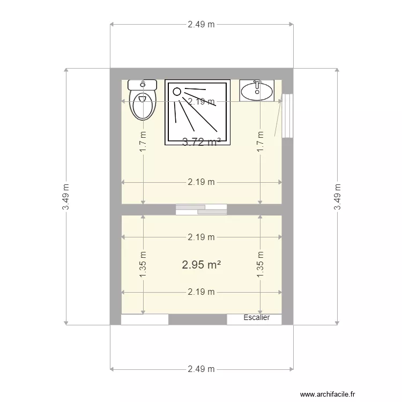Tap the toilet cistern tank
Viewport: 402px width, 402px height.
tap(143, 84)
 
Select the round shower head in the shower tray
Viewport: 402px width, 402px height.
tap(177, 91)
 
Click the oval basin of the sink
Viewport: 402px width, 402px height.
tap(256, 93)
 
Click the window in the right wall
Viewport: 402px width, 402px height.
tap(288, 116)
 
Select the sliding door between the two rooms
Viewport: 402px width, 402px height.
tap(201, 209)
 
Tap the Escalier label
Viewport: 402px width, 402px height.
tap(256, 318)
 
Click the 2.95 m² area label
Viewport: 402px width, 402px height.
tap(202, 264)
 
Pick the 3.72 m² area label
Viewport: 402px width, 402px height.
tap(202, 142)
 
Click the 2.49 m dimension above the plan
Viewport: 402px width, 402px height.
tap(202, 24)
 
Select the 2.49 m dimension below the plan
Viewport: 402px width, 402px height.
tap(202, 369)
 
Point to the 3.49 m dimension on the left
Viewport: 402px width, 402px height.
tap(65, 197)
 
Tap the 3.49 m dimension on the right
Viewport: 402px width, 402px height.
tap(337, 197)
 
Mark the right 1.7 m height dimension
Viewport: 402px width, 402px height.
tap(260, 142)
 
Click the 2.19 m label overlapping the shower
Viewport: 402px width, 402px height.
tap(202, 101)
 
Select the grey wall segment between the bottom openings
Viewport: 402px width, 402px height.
tap(198, 319)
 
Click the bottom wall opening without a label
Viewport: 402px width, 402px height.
tap(145, 319)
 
